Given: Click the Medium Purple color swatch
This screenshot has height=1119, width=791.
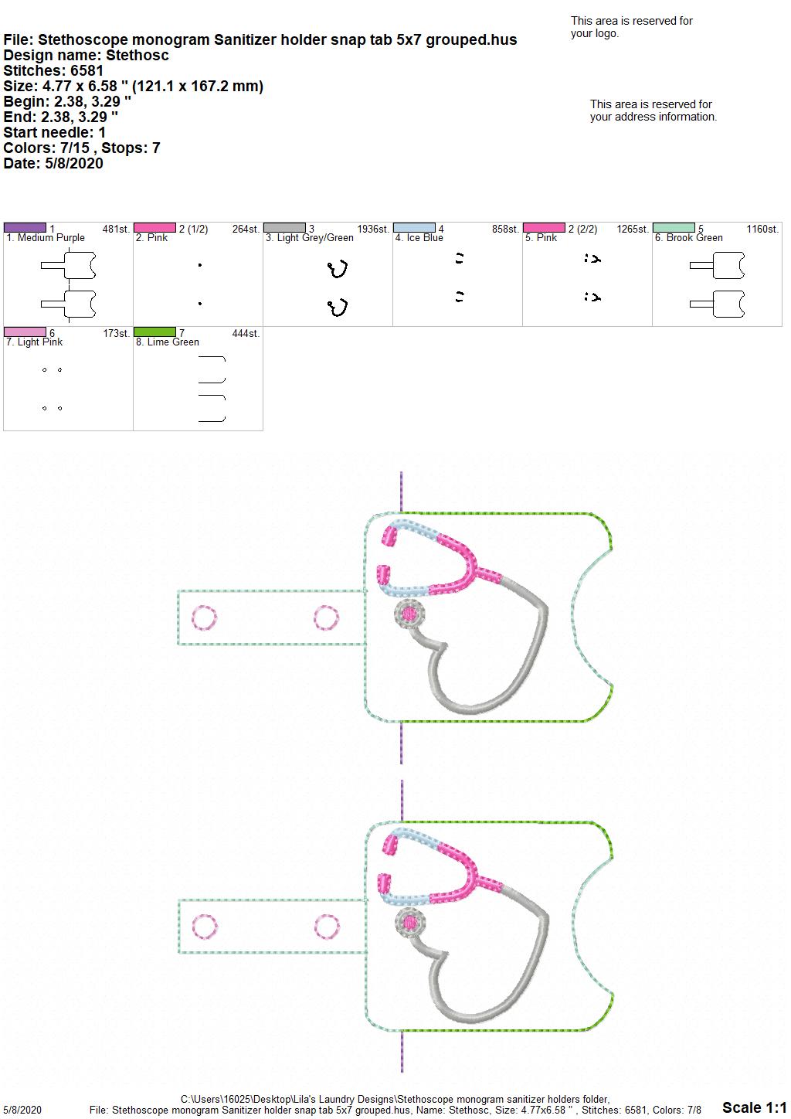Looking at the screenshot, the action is [25, 228].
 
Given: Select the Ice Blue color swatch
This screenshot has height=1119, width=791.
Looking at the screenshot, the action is [415, 228].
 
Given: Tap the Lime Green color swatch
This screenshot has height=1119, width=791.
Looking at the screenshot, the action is [154, 332].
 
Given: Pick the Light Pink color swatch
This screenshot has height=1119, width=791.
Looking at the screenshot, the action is [25, 332].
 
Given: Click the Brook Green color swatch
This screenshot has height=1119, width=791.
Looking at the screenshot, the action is [674, 228].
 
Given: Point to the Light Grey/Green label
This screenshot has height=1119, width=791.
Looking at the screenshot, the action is [310, 238].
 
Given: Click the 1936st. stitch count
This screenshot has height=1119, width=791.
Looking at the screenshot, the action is [373, 229].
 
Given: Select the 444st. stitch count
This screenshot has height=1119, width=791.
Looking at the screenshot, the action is [246, 333].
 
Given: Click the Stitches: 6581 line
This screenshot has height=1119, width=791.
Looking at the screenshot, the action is [53, 70].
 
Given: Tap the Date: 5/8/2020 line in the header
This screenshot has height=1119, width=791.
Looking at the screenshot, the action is [53, 163].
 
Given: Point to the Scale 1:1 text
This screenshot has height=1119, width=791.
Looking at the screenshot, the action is [754, 1107].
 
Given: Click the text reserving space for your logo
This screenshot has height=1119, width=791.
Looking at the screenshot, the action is [632, 27].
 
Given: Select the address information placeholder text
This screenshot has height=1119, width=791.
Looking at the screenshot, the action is [654, 111].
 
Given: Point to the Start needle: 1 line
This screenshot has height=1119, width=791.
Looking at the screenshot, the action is [54, 132].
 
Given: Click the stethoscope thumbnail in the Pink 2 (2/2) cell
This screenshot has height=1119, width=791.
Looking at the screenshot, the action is [592, 259].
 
